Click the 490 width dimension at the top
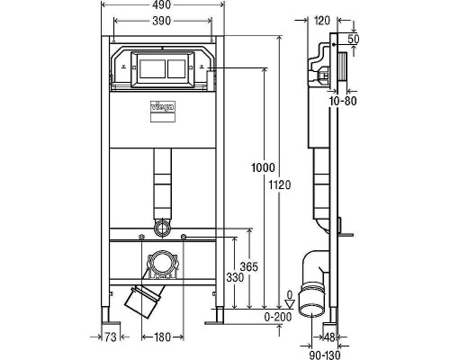click(161, 6)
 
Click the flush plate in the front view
click(162, 68)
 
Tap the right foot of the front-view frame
click(215, 317)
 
